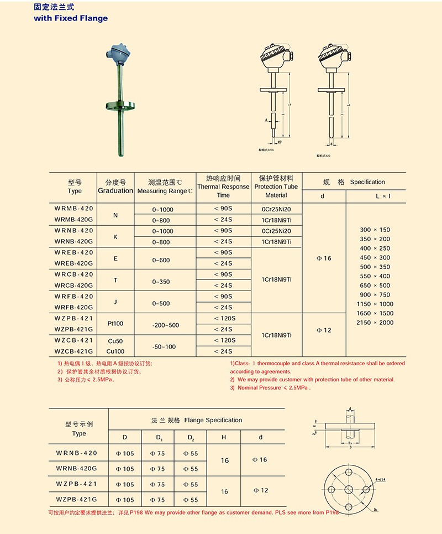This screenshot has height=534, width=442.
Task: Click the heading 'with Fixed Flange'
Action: coord(71,18)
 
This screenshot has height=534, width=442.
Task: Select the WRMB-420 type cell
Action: coord(75,209)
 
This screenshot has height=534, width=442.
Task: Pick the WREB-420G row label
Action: coord(75,263)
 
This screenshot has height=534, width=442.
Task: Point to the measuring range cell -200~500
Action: coord(165,325)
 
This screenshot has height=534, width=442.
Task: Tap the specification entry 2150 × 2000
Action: coord(375,323)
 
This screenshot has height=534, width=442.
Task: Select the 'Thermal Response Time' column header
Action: coord(223,186)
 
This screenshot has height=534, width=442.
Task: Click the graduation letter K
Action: coord(115,236)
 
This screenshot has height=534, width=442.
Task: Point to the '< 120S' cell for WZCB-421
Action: coord(223,340)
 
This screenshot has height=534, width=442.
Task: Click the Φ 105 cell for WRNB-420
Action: coord(125,453)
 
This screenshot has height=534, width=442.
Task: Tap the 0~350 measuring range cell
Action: coord(165,282)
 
